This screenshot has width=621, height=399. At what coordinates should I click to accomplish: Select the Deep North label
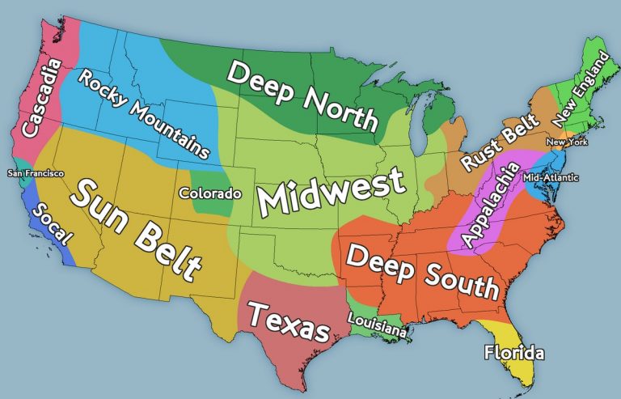[x=302, y=96]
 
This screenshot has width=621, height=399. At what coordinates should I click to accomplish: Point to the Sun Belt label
[x=137, y=229]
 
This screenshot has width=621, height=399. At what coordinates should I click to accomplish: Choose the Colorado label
[x=210, y=193]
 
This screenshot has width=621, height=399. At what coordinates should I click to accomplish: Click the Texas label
[x=289, y=322]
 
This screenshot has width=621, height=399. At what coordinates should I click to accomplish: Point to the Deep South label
[x=421, y=271]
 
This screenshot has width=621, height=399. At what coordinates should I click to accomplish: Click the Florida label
[x=513, y=353]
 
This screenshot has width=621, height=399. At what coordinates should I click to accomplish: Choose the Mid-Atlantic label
[x=551, y=177]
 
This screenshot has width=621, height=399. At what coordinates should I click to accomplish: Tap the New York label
[x=566, y=142]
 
